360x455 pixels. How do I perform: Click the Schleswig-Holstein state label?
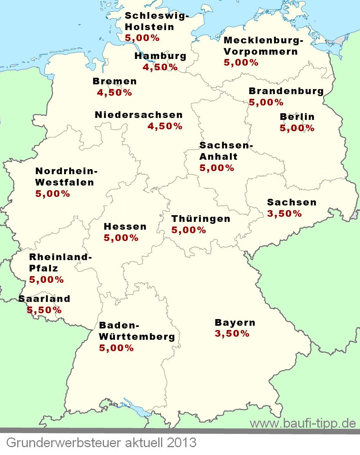click(156, 21)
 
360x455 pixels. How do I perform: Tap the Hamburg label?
click(160, 56)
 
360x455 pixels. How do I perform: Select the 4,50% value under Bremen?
click(114, 93)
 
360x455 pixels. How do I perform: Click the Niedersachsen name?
click(138, 115)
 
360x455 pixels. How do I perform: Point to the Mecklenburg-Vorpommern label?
click(263, 46)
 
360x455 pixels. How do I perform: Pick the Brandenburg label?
click(286, 91)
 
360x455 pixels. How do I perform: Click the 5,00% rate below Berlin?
click(297, 128)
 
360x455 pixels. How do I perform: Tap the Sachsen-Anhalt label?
click(226, 151)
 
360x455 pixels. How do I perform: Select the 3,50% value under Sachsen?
click(284, 214)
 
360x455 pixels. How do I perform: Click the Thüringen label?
click(201, 219)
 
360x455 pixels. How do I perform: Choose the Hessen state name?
click(125, 227)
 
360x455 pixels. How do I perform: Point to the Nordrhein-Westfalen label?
click(66, 177)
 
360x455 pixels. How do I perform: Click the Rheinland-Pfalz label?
click(60, 262)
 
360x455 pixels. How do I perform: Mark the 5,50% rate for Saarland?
click(44, 310)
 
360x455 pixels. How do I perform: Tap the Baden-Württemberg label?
click(137, 331)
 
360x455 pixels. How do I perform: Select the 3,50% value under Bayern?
click(232, 334)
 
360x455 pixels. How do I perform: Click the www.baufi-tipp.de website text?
click(303, 423)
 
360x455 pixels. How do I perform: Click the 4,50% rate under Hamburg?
click(160, 67)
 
